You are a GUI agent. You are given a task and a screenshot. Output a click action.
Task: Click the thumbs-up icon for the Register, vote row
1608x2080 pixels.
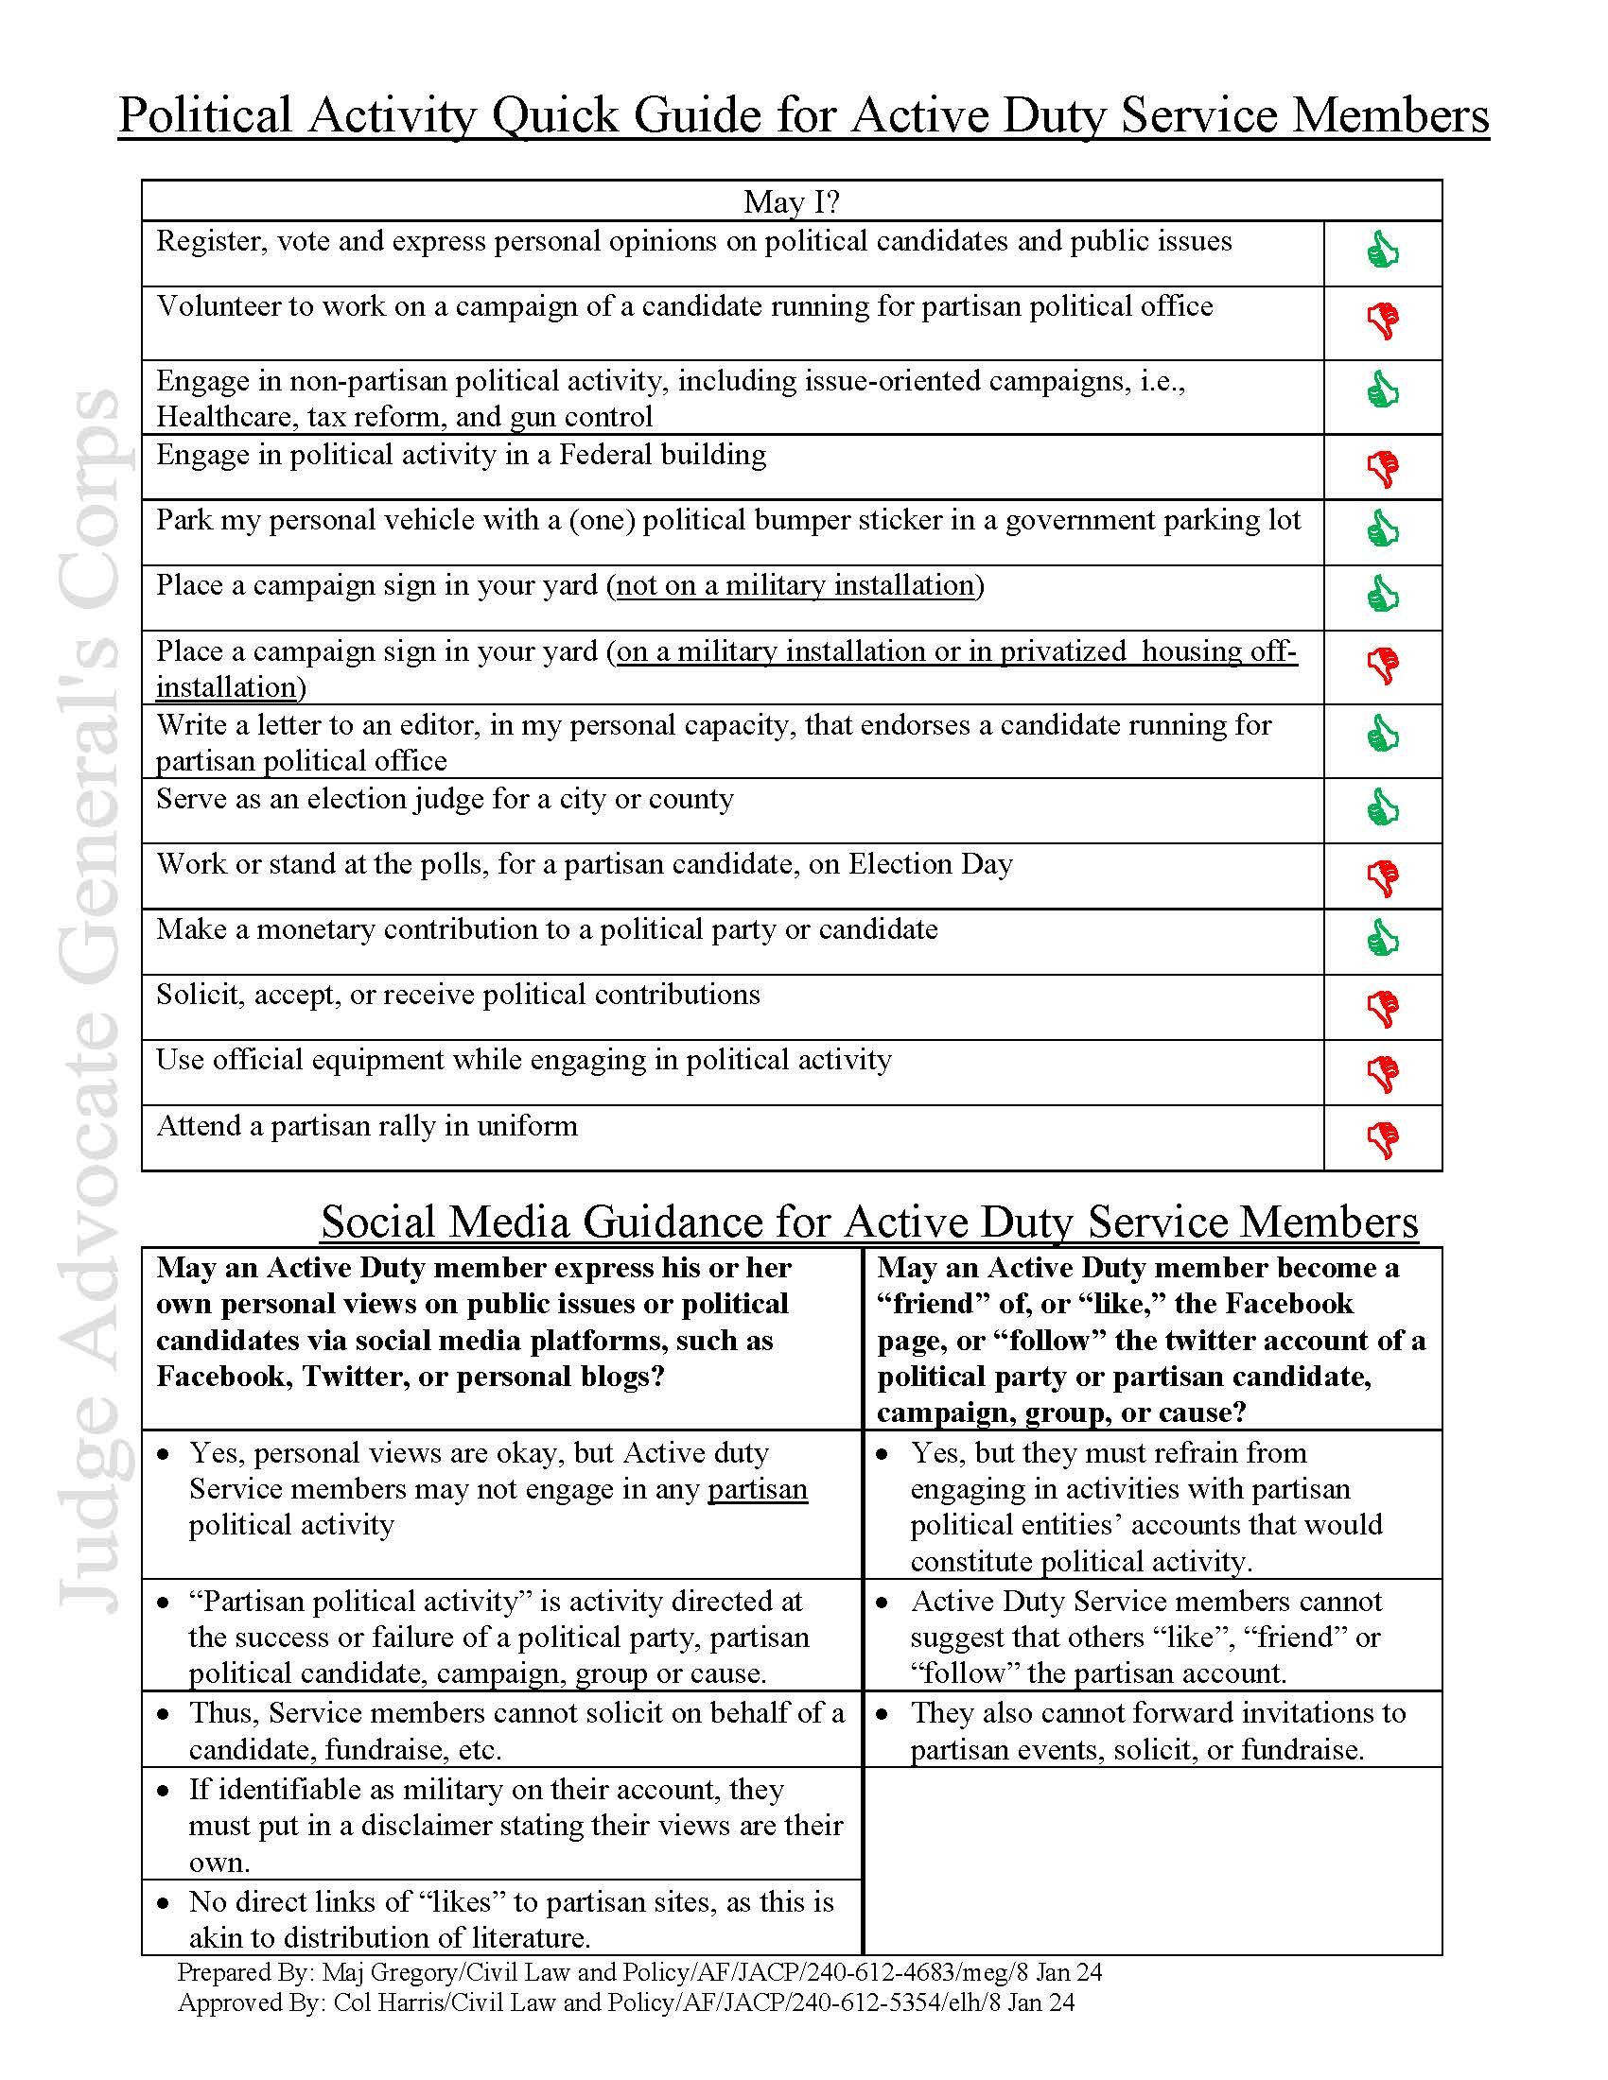(x=1382, y=251)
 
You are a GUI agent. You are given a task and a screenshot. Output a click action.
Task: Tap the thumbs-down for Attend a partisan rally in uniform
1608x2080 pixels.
(x=1383, y=1140)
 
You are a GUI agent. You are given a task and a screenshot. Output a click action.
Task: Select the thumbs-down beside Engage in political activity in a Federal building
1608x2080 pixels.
(x=1383, y=469)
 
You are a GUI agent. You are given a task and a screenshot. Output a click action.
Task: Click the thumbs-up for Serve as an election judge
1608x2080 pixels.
(x=1382, y=807)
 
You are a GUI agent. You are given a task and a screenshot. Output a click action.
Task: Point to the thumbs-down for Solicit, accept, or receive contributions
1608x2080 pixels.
(x=1383, y=1009)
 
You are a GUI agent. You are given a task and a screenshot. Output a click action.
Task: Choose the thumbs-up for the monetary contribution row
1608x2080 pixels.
(x=1382, y=938)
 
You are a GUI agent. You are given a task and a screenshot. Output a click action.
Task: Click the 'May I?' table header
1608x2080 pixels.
(x=791, y=202)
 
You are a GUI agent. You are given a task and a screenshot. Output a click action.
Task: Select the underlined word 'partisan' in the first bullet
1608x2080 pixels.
(x=758, y=1489)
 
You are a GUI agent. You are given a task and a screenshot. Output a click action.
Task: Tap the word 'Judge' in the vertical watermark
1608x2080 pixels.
(x=91, y=1537)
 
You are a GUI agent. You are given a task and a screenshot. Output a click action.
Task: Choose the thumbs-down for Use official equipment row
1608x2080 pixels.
(x=1383, y=1074)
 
